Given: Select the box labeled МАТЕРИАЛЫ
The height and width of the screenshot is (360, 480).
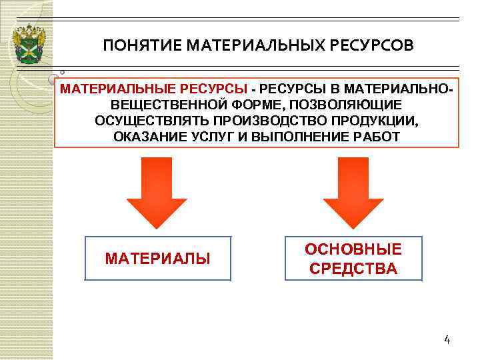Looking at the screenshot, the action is click(158, 258).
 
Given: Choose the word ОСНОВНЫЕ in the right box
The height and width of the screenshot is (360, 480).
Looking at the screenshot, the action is click(353, 249).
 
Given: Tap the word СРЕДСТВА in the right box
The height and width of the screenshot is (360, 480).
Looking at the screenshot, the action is click(353, 269).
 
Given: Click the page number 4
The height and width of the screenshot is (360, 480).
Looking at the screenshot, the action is click(447, 340).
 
